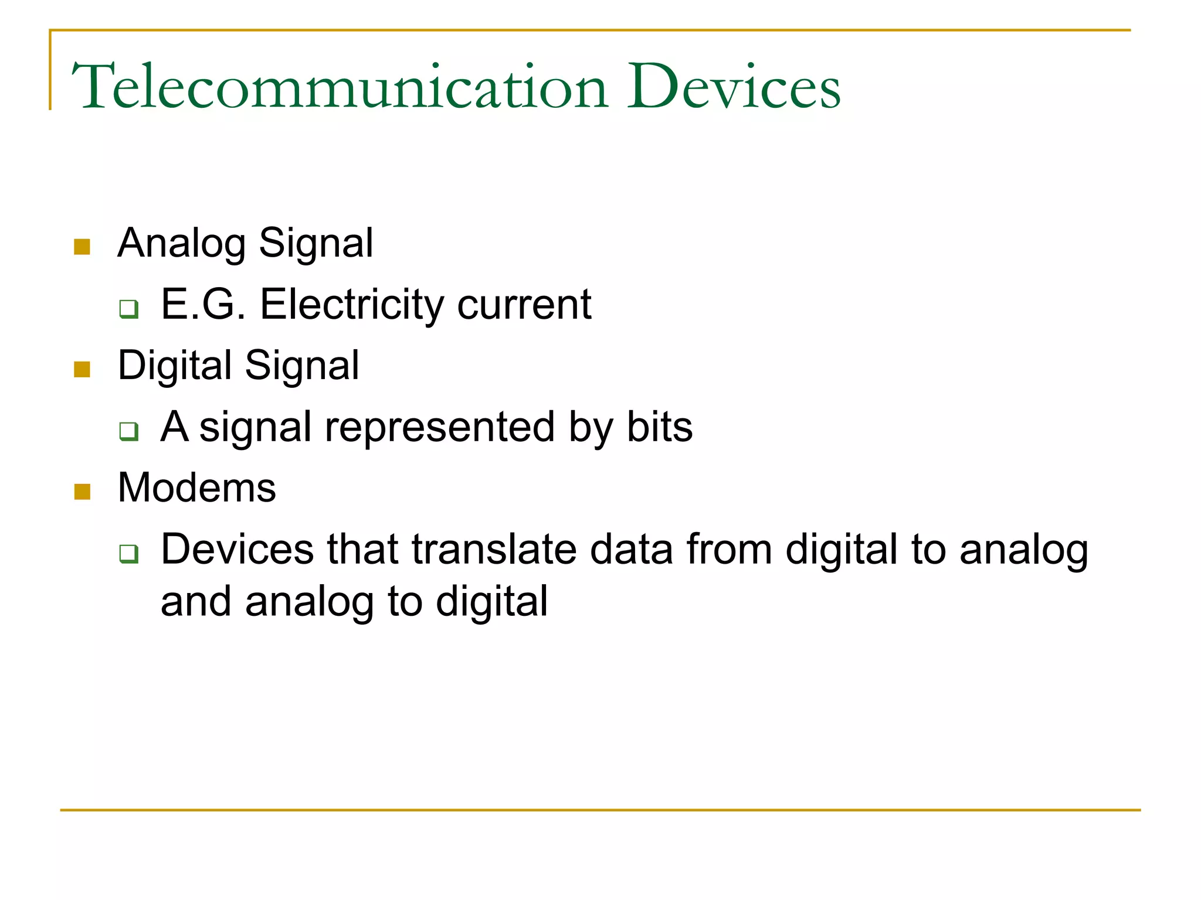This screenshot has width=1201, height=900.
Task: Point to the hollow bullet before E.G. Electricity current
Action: (128, 308)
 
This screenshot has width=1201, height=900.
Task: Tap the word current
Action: (524, 306)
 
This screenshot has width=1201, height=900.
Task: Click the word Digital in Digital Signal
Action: (175, 366)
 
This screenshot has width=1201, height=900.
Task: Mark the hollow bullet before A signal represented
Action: (128, 431)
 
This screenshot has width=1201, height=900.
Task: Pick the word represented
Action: (439, 428)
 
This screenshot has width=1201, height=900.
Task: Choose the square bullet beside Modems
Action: (82, 492)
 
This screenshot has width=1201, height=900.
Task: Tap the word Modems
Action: (196, 487)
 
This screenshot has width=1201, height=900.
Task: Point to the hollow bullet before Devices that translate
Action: (128, 553)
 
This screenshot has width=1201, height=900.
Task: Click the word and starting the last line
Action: (196, 602)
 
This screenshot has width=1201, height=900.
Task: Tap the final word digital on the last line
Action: (491, 603)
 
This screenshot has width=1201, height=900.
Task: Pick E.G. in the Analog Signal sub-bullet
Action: (203, 305)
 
